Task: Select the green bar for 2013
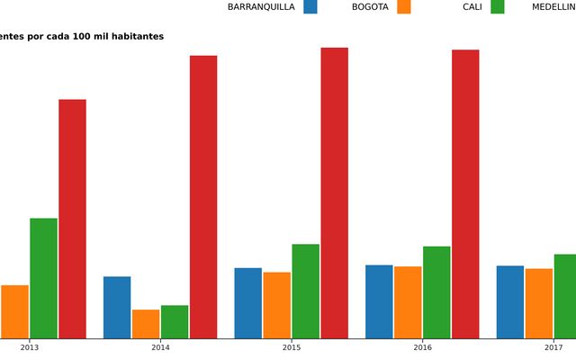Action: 43,278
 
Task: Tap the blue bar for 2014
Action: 117,307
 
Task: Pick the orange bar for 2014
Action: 146,324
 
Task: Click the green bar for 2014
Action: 175,321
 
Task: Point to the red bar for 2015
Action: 335,193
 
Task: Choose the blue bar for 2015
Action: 248,302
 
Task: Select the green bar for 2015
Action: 305,291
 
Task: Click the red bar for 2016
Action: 465,193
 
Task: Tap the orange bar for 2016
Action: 408,302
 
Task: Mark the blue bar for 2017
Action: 510,301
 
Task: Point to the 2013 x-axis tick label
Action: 30,347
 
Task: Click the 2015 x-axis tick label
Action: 292,347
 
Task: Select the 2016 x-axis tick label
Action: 423,347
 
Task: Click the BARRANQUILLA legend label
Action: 261,7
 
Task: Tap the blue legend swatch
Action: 310,7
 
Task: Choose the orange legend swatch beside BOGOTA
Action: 403,7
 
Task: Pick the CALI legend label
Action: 472,7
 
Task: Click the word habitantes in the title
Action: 135,37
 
